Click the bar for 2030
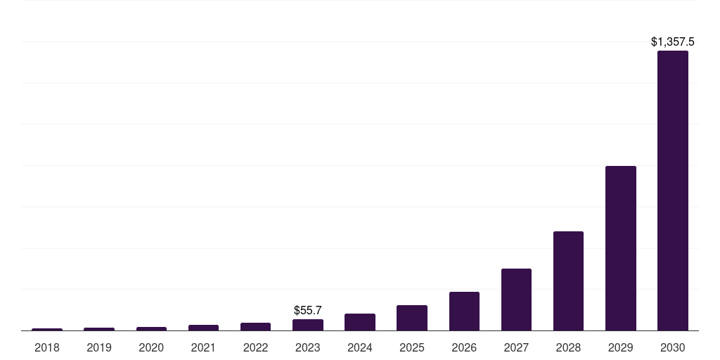672,191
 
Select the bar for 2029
620,248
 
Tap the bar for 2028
568,281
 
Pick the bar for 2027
516,300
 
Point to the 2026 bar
464,311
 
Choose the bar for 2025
412,318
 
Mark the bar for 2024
360,322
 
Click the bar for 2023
308,325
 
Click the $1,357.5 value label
672,42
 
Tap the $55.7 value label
308,310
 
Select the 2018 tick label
47,347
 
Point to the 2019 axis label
99,347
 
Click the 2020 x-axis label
151,347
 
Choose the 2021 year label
203,347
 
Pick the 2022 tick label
255,347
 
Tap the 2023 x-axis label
308,347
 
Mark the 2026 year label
464,347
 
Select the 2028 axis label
568,347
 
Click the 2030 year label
672,347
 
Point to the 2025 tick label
412,347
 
